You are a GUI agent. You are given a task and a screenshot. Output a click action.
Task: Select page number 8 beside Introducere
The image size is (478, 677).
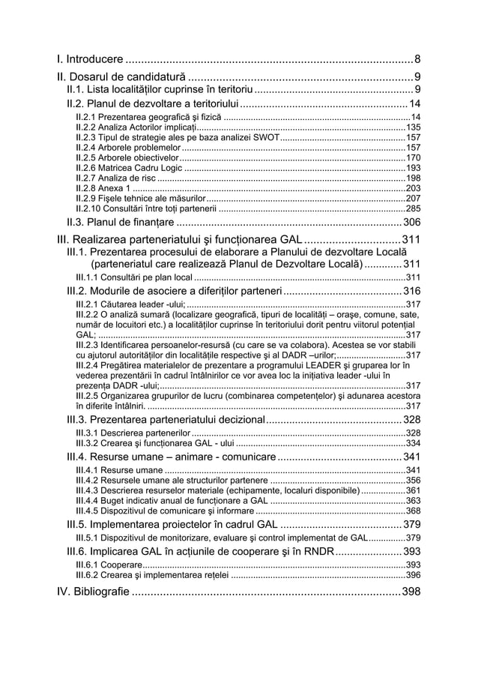click(417, 58)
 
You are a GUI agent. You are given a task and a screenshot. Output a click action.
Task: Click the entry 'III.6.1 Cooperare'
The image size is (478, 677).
click(108, 565)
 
